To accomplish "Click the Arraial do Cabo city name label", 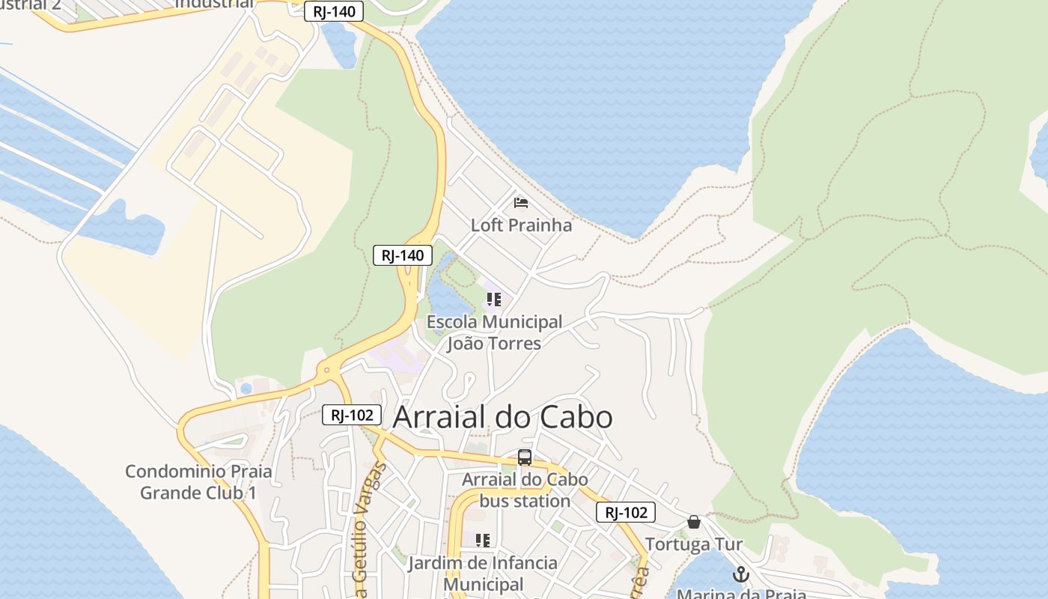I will (502, 418).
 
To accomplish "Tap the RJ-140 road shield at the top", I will (334, 11).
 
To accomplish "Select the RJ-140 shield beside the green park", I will (403, 255).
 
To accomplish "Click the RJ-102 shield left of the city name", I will (352, 415).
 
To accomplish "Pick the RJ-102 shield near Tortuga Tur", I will (626, 512).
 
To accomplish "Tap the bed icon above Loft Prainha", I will (521, 202).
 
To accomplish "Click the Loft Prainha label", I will (521, 225).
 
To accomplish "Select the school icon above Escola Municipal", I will (494, 300).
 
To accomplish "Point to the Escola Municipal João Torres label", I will (494, 332).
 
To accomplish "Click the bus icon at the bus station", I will (525, 457).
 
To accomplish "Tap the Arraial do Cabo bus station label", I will (525, 490).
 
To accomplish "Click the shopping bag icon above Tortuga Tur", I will (694, 522).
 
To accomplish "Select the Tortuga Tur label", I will (694, 544).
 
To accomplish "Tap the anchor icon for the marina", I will (740, 574).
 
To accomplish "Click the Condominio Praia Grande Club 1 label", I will (198, 482).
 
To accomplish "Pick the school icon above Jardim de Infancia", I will (483, 540).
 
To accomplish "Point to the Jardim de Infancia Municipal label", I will (483, 573).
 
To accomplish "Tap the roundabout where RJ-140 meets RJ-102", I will (326, 369).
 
